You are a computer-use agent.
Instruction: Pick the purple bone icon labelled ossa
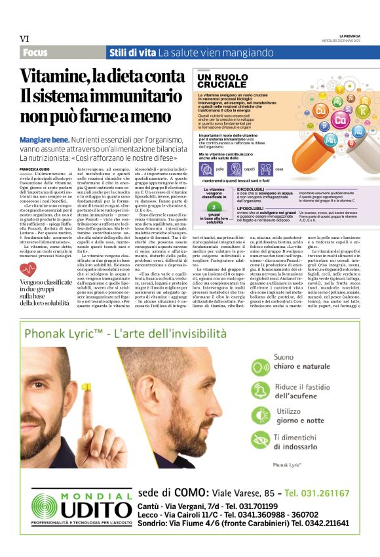[266, 169]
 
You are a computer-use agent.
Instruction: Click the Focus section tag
[35, 52]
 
